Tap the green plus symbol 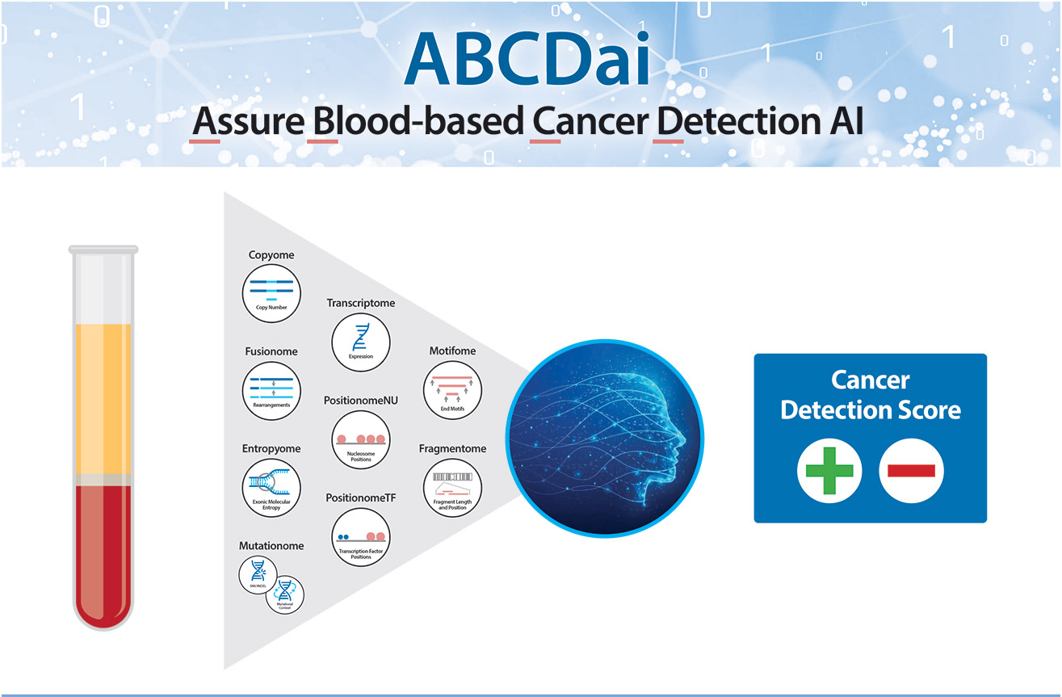click(829, 470)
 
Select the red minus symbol click(911, 470)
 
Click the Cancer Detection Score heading click(870, 395)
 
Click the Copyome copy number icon click(271, 293)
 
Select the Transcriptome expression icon click(361, 341)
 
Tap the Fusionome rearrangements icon click(271, 390)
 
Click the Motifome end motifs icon click(452, 390)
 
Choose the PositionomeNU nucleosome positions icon click(361, 439)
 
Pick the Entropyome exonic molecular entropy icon click(271, 488)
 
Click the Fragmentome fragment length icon click(452, 488)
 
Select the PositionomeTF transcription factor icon click(361, 537)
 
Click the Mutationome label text click(271, 546)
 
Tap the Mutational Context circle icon click(285, 594)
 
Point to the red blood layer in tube click(103, 549)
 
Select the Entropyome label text click(271, 448)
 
